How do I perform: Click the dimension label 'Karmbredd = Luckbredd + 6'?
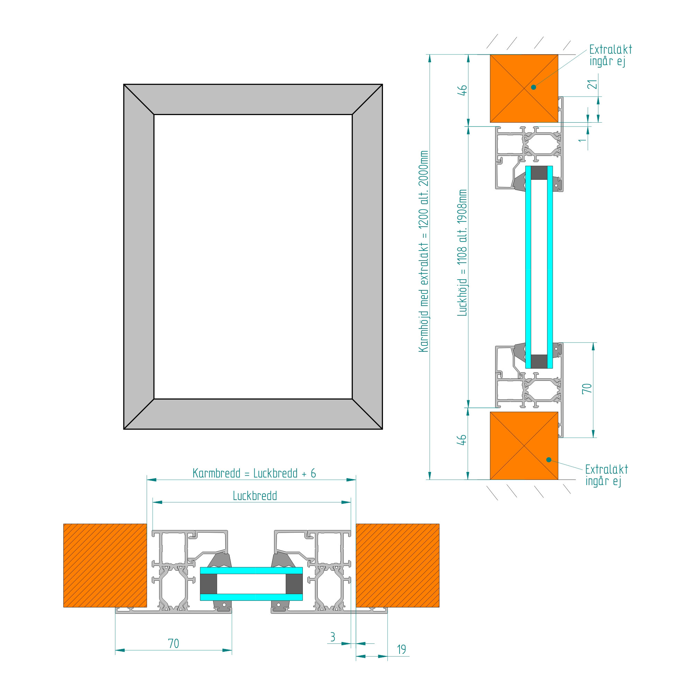point(254,473)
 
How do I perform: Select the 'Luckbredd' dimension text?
point(255,496)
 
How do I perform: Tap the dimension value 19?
point(401,650)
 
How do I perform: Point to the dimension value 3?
point(333,637)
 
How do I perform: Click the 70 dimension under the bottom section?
point(173,643)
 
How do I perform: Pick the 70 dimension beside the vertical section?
point(587,388)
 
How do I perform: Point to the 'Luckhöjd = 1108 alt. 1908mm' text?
point(462,253)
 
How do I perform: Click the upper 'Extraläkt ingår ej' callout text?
point(611,55)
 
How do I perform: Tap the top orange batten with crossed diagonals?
point(524,88)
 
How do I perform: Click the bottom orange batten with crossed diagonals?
point(524,446)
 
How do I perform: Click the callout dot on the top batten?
point(534,87)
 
